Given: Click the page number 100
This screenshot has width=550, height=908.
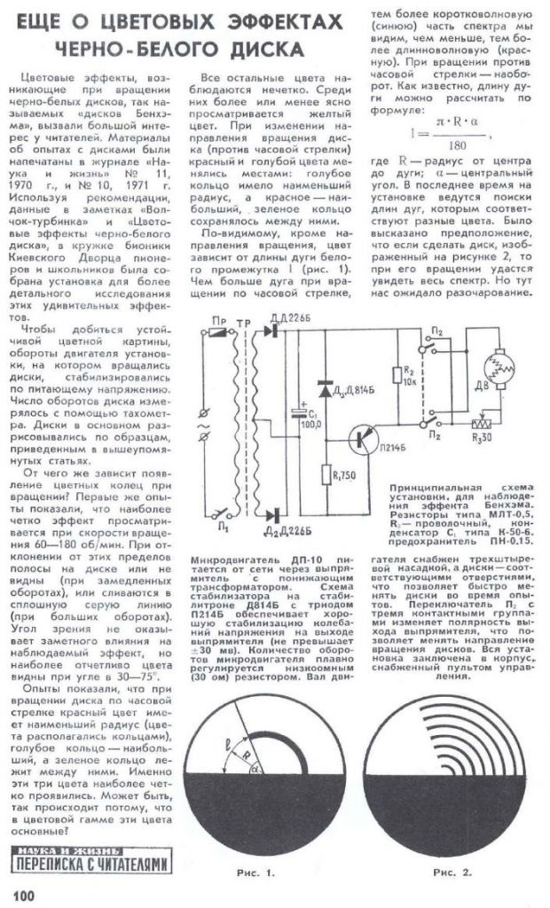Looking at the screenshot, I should (x=23, y=893).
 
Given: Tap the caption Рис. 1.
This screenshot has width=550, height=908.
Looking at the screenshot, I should (x=257, y=873).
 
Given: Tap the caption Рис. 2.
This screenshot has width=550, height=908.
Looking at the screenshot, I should (x=452, y=873).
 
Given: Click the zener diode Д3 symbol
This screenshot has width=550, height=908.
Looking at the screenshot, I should (x=325, y=387).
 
